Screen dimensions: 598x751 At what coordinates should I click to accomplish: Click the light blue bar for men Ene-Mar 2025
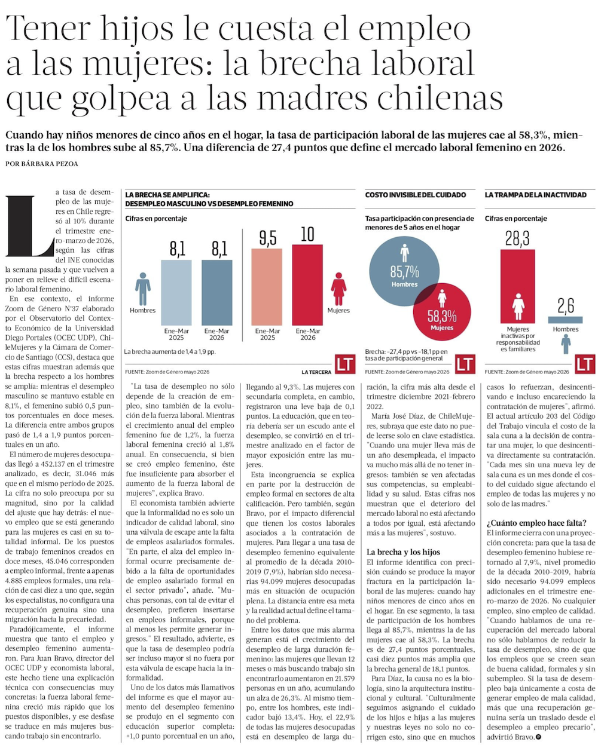click(176, 292)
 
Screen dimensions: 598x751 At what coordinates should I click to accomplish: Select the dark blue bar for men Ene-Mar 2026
click(216, 292)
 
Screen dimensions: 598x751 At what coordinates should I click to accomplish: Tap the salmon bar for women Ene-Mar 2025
click(267, 287)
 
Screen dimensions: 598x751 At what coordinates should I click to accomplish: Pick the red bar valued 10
click(307, 285)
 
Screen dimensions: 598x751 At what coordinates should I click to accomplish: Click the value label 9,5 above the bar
click(268, 238)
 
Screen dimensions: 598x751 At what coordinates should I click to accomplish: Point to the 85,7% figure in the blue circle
click(404, 271)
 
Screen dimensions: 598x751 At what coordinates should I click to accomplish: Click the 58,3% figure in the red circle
click(442, 317)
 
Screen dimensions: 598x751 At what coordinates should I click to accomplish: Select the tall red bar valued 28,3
click(517, 286)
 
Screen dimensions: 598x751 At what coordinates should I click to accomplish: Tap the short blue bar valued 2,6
click(565, 320)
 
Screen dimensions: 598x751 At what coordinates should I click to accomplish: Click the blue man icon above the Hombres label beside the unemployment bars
click(143, 289)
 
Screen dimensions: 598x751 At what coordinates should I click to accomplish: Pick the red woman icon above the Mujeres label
click(338, 289)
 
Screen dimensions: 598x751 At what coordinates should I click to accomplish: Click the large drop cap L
click(30, 226)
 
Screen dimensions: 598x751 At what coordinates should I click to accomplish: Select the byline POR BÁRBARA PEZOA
click(42, 164)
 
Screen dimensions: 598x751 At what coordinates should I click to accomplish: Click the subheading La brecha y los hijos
click(403, 551)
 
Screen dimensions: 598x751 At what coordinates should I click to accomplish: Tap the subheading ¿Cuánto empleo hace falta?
click(536, 523)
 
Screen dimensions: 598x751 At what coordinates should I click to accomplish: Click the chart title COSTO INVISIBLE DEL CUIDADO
click(416, 195)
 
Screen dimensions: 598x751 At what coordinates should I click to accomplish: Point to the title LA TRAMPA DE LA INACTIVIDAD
click(535, 195)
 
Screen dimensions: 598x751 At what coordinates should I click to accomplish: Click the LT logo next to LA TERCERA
click(345, 364)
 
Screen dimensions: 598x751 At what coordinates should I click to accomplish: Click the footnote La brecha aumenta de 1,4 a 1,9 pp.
click(170, 351)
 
